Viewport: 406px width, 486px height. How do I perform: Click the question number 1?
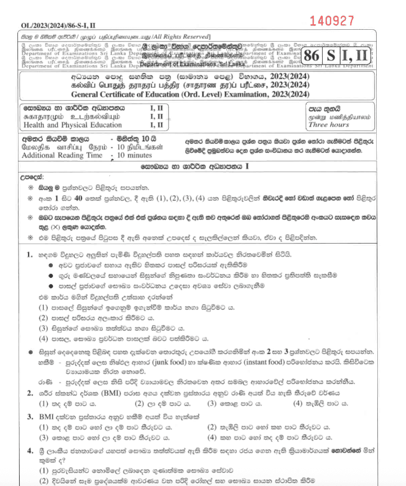click(x=29, y=255)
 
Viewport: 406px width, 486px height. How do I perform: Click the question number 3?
click(x=29, y=417)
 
